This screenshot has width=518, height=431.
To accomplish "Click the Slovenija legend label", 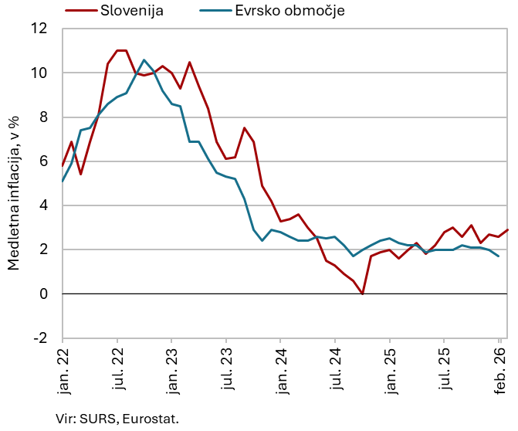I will [x=132, y=11].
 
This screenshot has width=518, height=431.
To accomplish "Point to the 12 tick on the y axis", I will [x=39, y=29].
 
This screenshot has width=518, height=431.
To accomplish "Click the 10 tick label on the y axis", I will [x=39, y=73].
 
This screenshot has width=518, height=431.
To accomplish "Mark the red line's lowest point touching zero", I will [x=363, y=294].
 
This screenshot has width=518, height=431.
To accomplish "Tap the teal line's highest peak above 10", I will [x=144, y=60].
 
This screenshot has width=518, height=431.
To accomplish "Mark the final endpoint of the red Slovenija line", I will [x=507, y=230].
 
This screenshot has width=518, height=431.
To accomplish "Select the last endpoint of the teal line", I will [x=498, y=256].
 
